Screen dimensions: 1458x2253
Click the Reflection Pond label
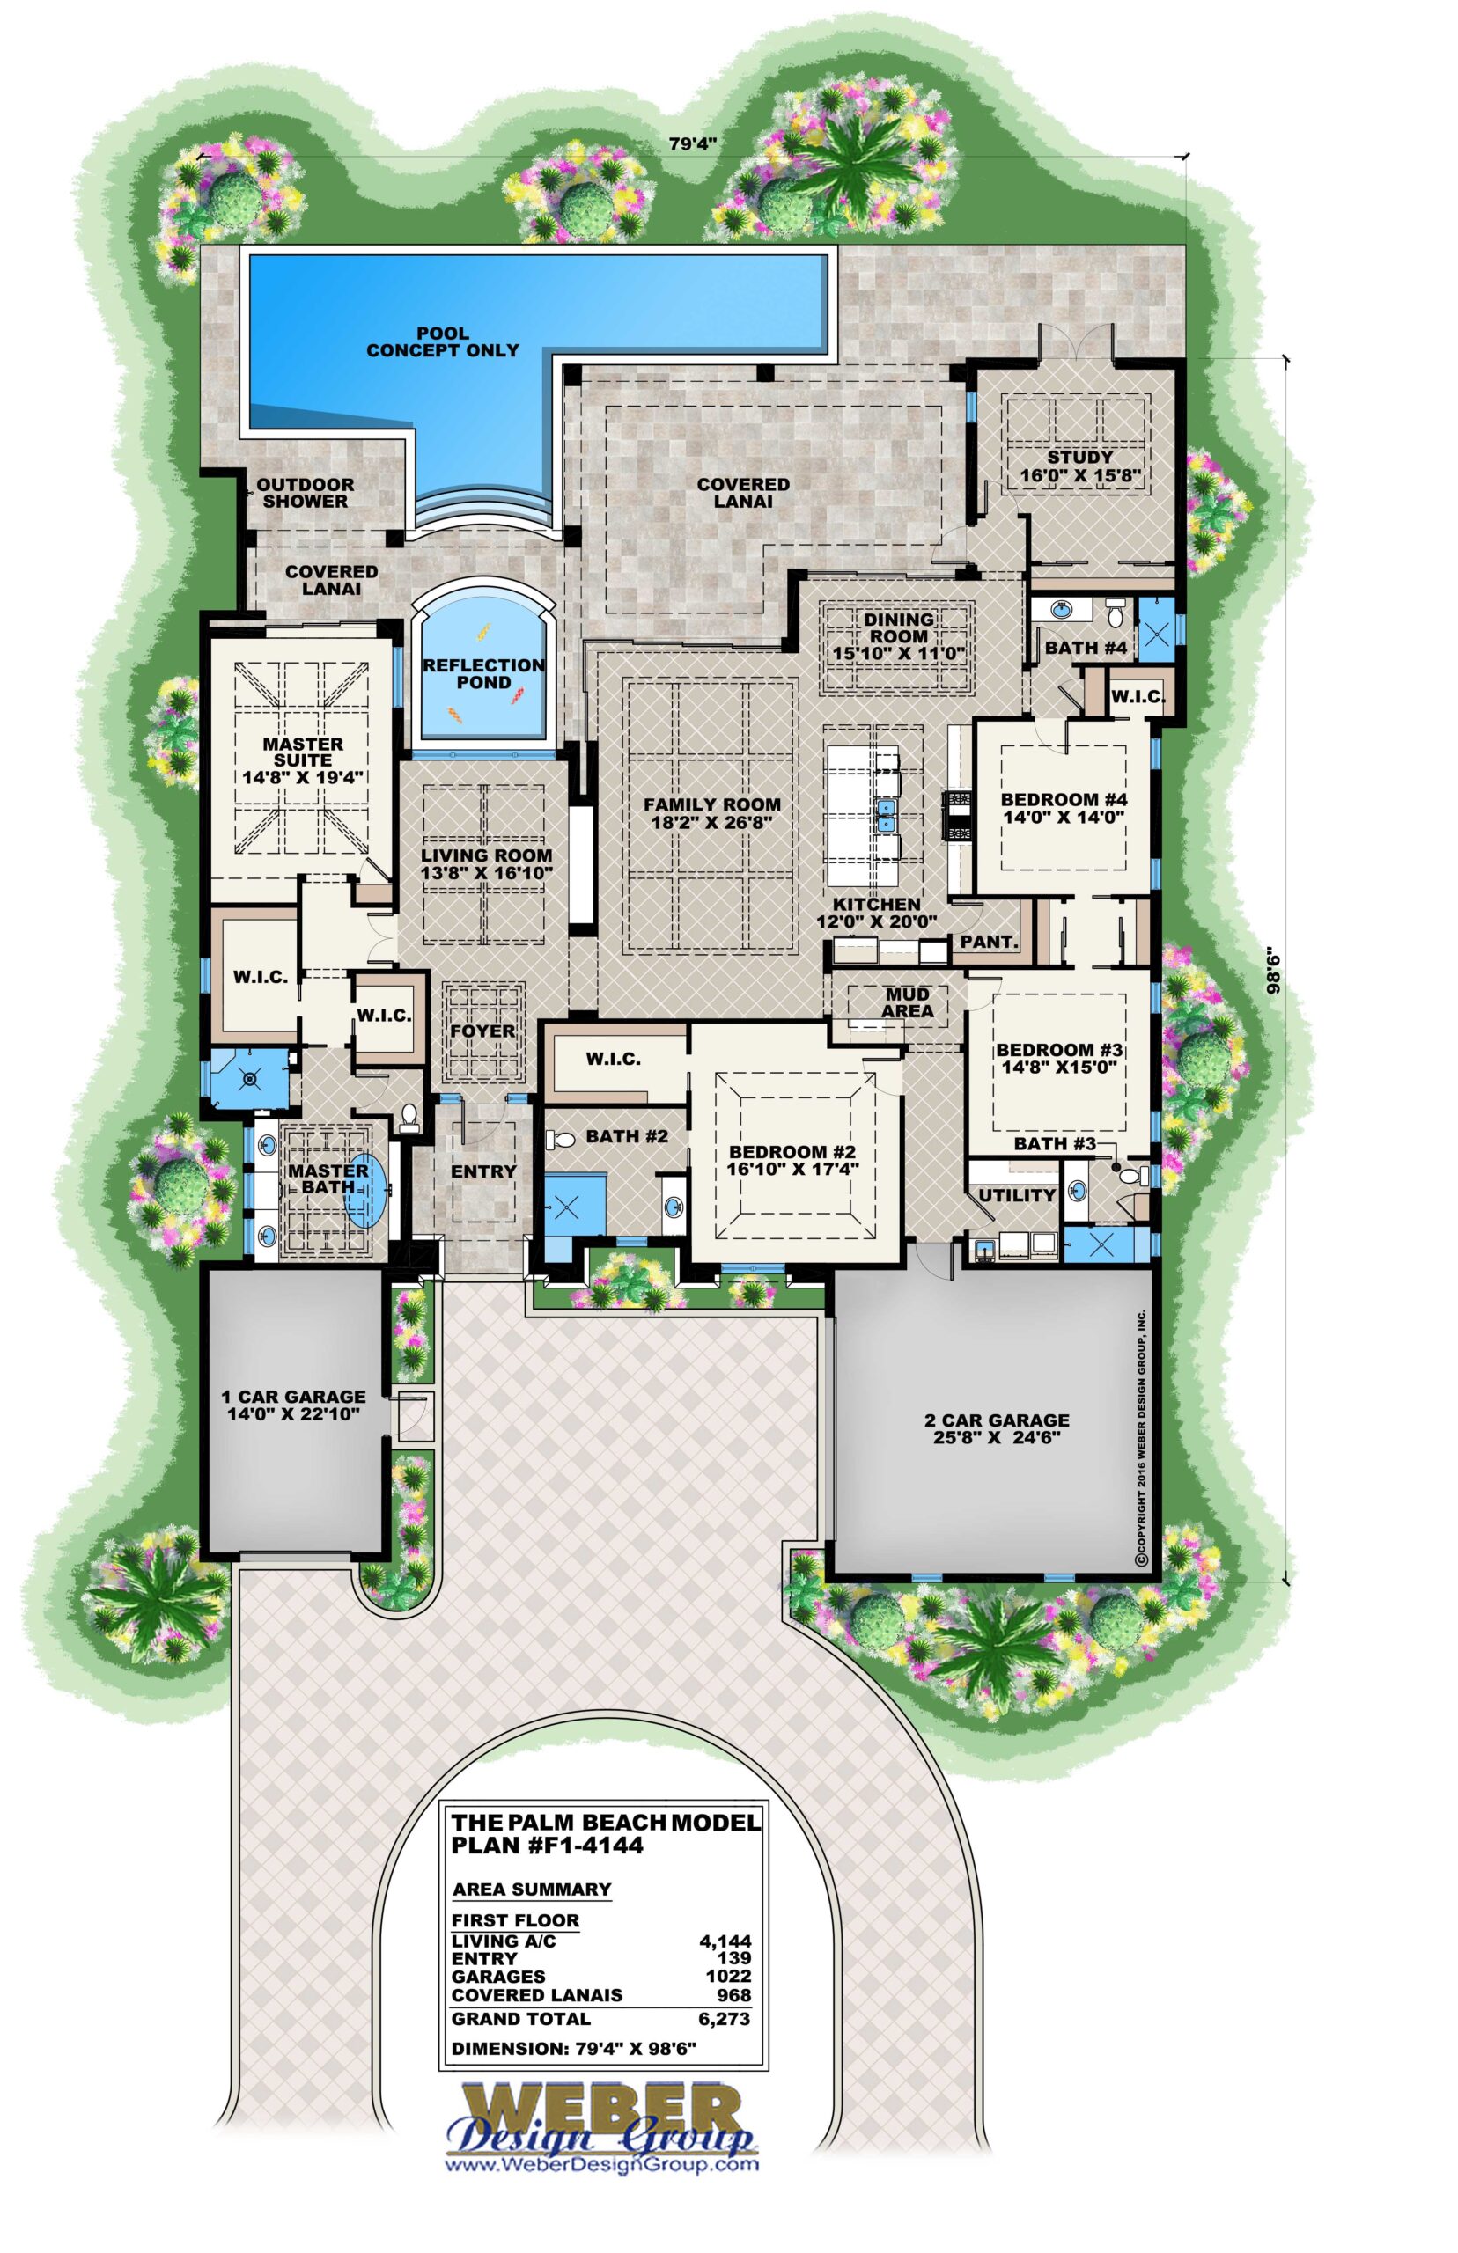(x=482, y=674)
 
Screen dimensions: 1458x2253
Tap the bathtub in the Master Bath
(x=366, y=1188)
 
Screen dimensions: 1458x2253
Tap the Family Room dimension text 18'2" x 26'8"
(x=712, y=822)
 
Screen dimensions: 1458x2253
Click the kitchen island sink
(x=887, y=813)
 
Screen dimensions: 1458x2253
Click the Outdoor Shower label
(x=305, y=493)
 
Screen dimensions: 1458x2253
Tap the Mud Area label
(x=907, y=1003)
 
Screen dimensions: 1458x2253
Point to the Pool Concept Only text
(x=443, y=341)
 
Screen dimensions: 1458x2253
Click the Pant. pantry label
(x=990, y=943)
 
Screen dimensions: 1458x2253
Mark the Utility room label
(x=1017, y=1195)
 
